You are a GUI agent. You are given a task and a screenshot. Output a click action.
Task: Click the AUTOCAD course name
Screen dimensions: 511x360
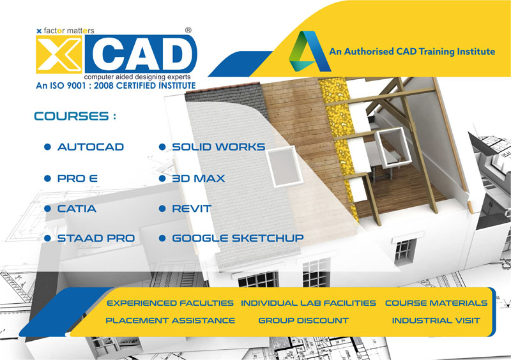(91, 147)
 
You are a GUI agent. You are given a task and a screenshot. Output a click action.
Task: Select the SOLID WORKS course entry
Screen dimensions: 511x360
(218, 147)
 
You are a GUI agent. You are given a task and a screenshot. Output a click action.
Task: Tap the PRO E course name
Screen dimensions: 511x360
(77, 179)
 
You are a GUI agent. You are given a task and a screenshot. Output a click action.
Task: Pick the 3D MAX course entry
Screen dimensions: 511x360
(199, 179)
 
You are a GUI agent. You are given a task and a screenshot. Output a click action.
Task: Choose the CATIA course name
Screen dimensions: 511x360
(77, 209)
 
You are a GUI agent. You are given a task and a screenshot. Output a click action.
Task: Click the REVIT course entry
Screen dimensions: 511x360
(192, 209)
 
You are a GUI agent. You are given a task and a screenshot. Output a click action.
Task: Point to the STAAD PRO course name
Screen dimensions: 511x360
(96, 238)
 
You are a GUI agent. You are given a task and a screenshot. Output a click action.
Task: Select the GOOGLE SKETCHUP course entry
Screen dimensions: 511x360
(238, 238)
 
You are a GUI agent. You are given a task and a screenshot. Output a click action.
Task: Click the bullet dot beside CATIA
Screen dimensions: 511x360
(47, 209)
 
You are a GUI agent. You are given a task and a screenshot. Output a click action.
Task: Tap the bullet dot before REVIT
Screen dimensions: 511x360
(162, 209)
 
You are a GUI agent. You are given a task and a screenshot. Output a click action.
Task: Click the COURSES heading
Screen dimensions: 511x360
(75, 116)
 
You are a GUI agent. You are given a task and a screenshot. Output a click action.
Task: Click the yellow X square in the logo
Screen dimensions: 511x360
(59, 54)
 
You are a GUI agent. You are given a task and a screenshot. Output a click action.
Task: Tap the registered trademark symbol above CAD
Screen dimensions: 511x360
(188, 30)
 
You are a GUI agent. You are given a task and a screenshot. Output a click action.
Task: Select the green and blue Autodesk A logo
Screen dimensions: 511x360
(309, 51)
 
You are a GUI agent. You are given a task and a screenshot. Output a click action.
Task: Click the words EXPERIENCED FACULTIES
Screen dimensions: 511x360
(170, 303)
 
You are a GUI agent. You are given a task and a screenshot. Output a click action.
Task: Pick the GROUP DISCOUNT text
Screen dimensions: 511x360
(303, 320)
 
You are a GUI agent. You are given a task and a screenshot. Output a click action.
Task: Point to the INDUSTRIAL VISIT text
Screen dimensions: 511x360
(436, 320)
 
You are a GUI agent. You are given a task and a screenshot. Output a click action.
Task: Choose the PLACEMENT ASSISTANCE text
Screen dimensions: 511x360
(171, 320)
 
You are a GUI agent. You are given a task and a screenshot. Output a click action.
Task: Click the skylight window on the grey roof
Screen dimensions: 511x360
(284, 166)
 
